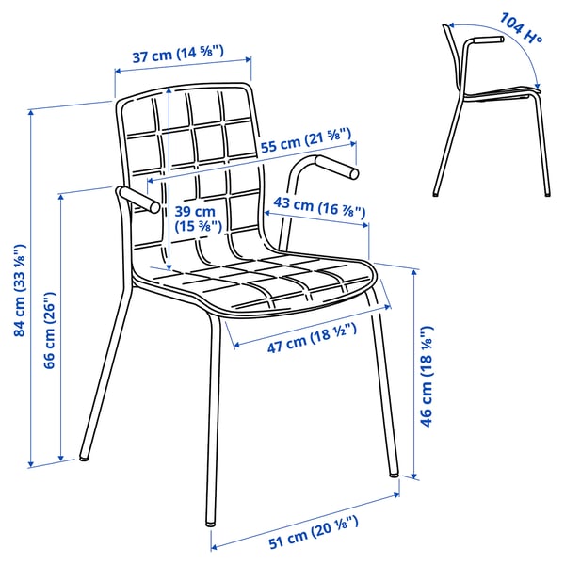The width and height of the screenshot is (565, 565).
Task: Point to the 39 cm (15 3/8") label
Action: coord(197,219)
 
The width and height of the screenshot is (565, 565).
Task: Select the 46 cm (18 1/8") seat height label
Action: coord(426,376)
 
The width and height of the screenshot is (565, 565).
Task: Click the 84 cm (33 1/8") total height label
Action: coord(19,290)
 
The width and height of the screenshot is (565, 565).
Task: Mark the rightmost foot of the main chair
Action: coord(394,473)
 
